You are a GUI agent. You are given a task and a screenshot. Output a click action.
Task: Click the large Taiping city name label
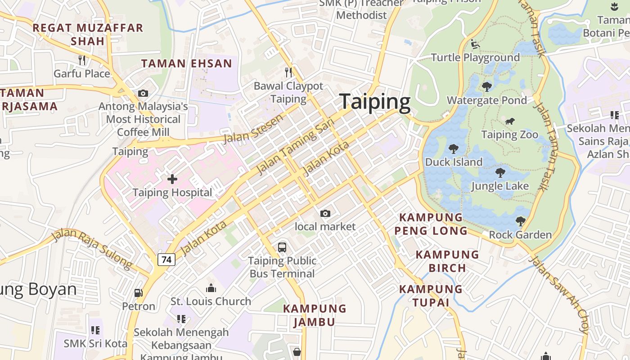coord(375,102)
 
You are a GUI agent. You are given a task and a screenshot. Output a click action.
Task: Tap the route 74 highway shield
coord(166,260)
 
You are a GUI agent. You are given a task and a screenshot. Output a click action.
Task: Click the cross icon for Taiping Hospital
coord(172,179)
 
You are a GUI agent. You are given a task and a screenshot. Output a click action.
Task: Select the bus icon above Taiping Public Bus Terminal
coord(282,247)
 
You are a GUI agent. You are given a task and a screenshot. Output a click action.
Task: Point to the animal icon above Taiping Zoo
coord(509,121)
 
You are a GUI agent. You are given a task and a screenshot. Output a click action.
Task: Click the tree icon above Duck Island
coord(453,148)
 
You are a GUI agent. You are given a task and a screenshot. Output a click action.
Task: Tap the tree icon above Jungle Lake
coord(500,172)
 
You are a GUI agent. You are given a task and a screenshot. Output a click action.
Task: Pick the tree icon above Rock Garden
coord(520,221)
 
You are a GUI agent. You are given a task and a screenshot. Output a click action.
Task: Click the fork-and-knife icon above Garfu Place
coord(82,60)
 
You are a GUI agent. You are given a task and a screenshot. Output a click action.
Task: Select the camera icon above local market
coord(325,213)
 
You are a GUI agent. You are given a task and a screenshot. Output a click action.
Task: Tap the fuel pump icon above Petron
coord(139,293)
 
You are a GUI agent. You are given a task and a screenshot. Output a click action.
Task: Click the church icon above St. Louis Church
coord(211,288)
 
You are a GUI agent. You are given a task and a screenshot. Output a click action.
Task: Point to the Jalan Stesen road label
coord(253,128)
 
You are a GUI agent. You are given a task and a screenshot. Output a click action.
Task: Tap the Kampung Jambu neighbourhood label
coord(315,315)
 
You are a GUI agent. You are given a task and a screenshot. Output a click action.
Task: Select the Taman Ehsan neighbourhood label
coord(187,63)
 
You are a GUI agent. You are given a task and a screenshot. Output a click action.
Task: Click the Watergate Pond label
coord(486,100)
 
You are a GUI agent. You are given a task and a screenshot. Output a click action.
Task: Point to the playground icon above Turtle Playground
coord(474,44)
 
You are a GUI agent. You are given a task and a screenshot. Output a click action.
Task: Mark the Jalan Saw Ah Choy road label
coord(558,295)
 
